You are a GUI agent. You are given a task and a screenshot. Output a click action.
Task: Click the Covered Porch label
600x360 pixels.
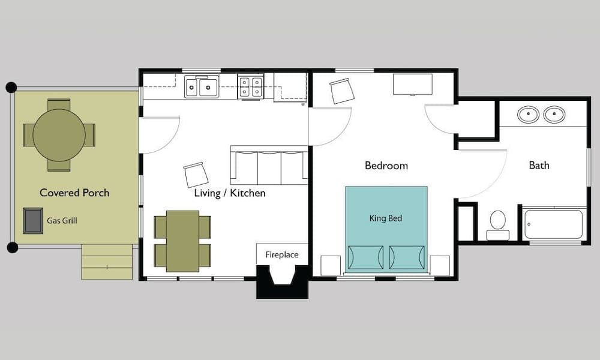74,193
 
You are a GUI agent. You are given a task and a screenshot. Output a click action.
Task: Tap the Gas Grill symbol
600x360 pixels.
33,220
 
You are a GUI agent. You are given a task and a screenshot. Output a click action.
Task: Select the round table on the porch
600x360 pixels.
59,135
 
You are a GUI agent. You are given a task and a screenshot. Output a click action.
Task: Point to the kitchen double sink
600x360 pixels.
201,87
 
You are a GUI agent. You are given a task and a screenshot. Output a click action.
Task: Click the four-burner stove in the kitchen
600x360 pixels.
250,87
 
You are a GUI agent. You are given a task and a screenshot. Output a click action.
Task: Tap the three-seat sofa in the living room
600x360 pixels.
269,166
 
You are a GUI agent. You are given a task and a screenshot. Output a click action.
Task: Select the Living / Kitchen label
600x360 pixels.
229,193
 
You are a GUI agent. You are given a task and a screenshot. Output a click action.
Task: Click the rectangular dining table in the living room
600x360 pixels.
182,241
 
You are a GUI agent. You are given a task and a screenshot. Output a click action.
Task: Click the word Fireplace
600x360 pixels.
282,255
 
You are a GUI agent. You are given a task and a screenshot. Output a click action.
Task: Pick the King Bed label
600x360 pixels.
386,218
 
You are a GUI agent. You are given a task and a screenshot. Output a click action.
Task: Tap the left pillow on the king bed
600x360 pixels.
365,257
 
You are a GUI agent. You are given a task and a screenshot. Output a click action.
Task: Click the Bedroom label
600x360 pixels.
386,166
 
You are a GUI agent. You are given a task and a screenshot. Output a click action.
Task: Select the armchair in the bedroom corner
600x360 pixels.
342,91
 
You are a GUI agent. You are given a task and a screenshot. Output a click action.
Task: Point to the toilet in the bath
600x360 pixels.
497,223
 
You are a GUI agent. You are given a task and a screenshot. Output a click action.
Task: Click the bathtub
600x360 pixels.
553,224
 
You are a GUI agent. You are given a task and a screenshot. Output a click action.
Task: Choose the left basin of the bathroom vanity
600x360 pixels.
528,114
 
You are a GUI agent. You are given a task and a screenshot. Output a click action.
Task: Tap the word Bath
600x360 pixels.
539,165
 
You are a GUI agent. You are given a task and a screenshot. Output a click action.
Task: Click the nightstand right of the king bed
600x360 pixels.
440,265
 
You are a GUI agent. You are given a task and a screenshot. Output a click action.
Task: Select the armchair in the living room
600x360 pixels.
196,175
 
